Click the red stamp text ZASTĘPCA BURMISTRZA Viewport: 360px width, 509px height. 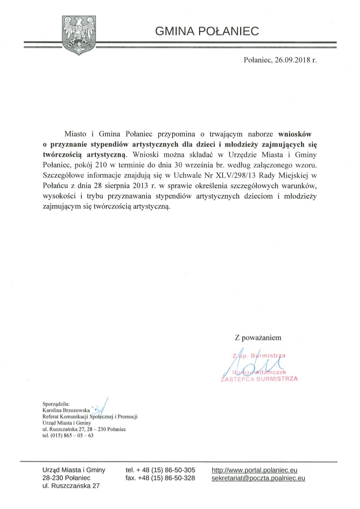pos(260,379)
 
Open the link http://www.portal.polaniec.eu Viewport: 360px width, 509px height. pos(255,470)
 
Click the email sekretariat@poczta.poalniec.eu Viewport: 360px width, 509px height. pos(258,478)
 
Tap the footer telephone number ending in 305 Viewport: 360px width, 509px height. pos(166,470)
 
